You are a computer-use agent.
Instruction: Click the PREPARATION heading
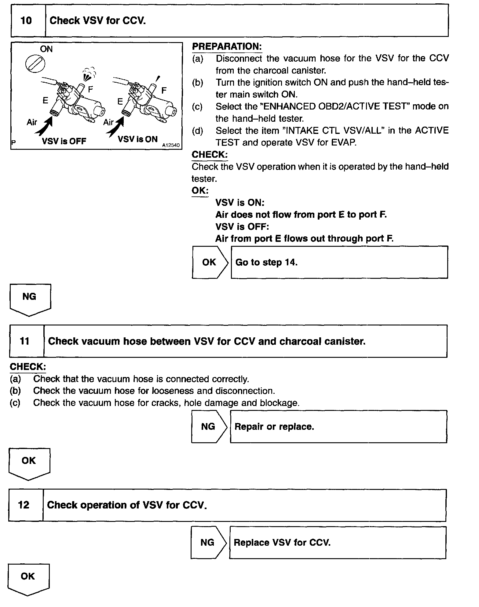pyautogui.click(x=227, y=46)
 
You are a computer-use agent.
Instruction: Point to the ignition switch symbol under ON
pyautogui.click(x=35, y=64)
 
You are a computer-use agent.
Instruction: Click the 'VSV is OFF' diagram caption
pyautogui.click(x=64, y=141)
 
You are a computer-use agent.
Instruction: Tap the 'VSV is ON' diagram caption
pyautogui.click(x=137, y=139)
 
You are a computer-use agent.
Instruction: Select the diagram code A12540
pyautogui.click(x=171, y=145)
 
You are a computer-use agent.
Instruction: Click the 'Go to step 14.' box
pyautogui.click(x=339, y=262)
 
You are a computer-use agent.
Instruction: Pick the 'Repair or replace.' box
pyautogui.click(x=338, y=426)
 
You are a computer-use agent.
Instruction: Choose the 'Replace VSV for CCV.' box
pyautogui.click(x=338, y=542)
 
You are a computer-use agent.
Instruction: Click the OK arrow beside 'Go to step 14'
pyautogui.click(x=210, y=262)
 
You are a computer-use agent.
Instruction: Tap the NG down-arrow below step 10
pyautogui.click(x=30, y=299)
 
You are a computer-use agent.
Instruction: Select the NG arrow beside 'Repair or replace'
pyautogui.click(x=209, y=426)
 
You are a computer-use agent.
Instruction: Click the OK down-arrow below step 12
pyautogui.click(x=28, y=579)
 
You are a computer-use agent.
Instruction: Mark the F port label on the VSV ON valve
pyautogui.click(x=164, y=90)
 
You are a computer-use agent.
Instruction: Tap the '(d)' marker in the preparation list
pyautogui.click(x=197, y=131)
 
